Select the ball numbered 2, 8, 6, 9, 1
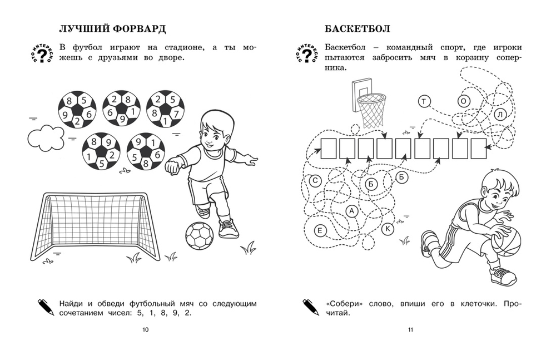tap(121, 109)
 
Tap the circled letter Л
tap(500, 115)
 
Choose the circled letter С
tap(315, 180)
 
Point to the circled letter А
tap(351, 210)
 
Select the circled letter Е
tap(319, 229)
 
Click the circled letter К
tap(388, 228)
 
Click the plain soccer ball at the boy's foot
tap(199, 236)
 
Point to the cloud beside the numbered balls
tap(46, 137)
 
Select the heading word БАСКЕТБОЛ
tap(356, 28)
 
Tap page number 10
tap(146, 330)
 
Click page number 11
tap(411, 330)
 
